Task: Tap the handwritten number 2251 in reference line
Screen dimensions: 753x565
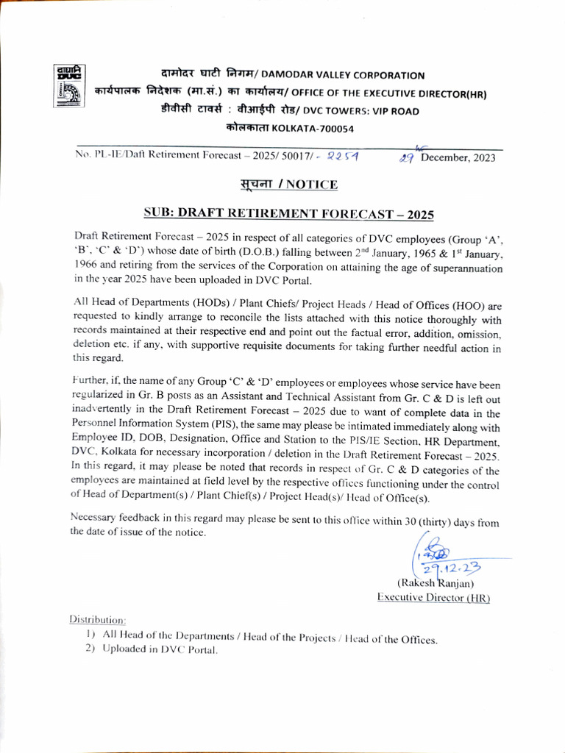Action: tap(344, 156)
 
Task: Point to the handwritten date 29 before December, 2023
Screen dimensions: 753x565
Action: tap(407, 157)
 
